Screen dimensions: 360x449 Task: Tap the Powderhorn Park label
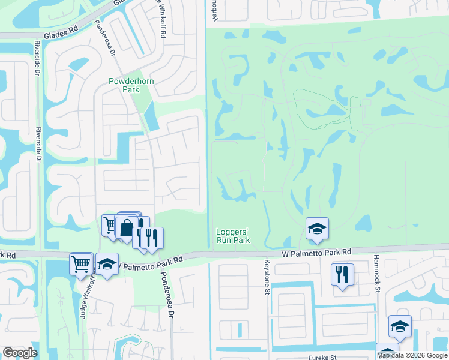[124, 85]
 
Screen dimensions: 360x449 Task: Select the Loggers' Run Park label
[233, 236]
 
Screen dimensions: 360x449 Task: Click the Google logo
[20, 353]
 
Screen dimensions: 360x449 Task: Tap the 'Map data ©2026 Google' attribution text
[412, 355]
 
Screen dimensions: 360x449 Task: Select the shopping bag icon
[127, 228]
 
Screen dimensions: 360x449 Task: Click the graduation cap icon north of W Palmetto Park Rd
[317, 229]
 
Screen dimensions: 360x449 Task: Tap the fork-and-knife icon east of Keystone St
[342, 274]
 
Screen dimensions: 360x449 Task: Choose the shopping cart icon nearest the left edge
[81, 263]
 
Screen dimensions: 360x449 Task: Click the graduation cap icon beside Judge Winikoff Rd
[107, 264]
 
